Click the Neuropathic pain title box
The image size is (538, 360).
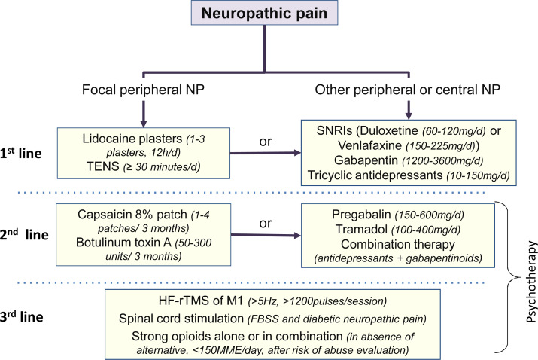point(264,13)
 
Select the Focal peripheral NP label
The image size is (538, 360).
point(143,90)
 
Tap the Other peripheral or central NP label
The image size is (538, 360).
point(408,90)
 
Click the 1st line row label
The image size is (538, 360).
point(21,153)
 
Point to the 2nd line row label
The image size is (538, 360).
point(24,234)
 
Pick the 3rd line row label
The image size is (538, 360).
point(22,316)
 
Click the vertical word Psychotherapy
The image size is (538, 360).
point(530,282)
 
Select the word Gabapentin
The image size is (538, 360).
point(366,160)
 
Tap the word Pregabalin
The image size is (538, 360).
point(361,215)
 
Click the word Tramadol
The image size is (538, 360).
point(361,229)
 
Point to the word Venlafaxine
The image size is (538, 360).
point(369,145)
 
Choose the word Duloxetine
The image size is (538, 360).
point(390,130)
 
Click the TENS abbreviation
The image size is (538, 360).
point(102,166)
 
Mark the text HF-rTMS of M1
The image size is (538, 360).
point(201,301)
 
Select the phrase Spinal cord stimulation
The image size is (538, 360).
point(181,319)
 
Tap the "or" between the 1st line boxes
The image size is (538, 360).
point(265,142)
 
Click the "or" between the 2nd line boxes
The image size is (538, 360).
point(265,223)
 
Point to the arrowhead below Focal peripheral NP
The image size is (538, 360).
point(144,124)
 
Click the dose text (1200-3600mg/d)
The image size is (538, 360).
point(442,160)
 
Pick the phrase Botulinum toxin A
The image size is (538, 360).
point(123,243)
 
